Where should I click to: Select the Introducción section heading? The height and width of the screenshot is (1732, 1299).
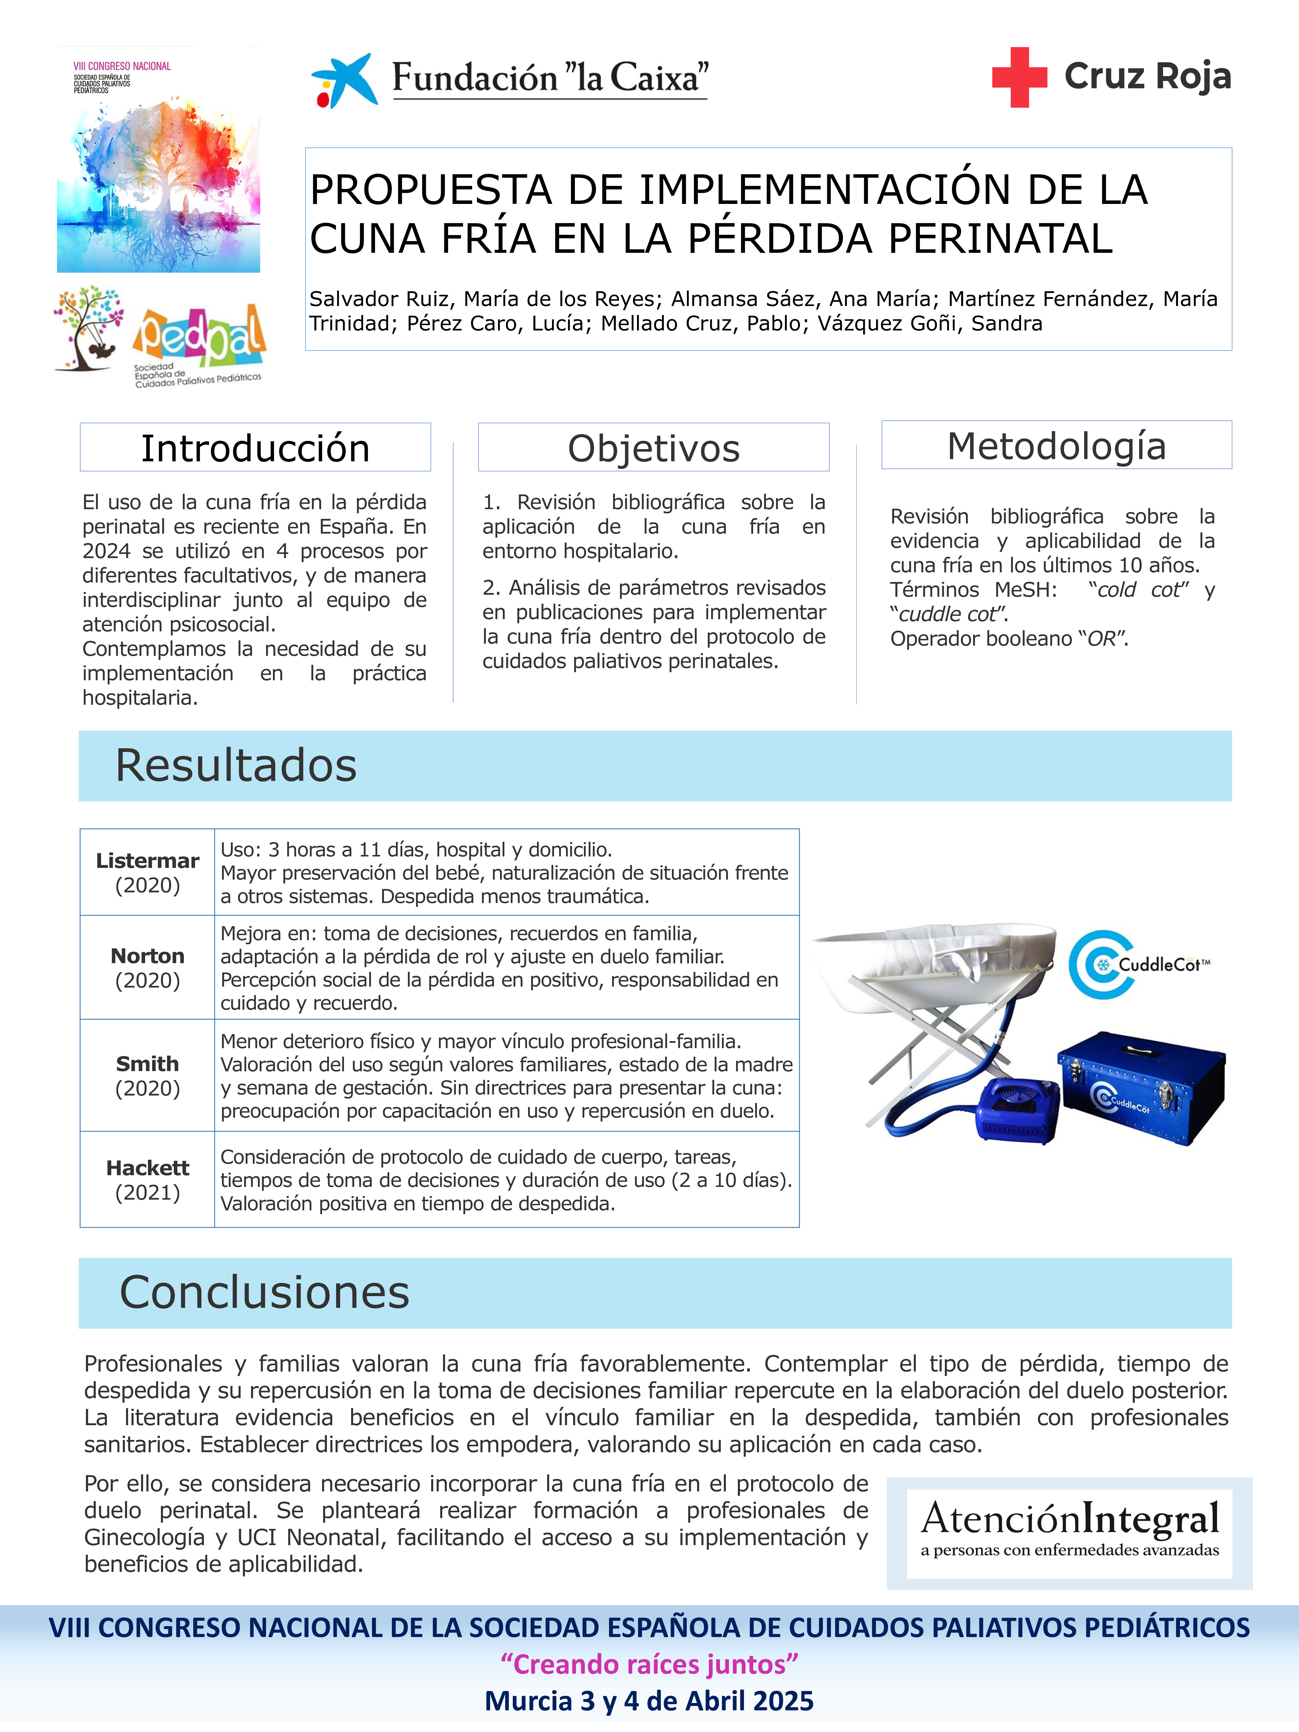tap(255, 448)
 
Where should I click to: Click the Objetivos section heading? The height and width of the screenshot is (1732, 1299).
tap(654, 448)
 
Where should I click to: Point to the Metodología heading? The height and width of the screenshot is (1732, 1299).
tap(1056, 446)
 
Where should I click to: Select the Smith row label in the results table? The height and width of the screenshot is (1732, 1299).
tap(147, 1075)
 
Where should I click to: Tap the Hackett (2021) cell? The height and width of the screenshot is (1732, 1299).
tap(147, 1179)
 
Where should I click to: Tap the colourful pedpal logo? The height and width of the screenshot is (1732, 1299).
tap(200, 337)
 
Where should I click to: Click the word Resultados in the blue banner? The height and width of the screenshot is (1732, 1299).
tap(236, 765)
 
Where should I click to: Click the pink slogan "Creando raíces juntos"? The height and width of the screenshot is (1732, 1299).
tap(649, 1663)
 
